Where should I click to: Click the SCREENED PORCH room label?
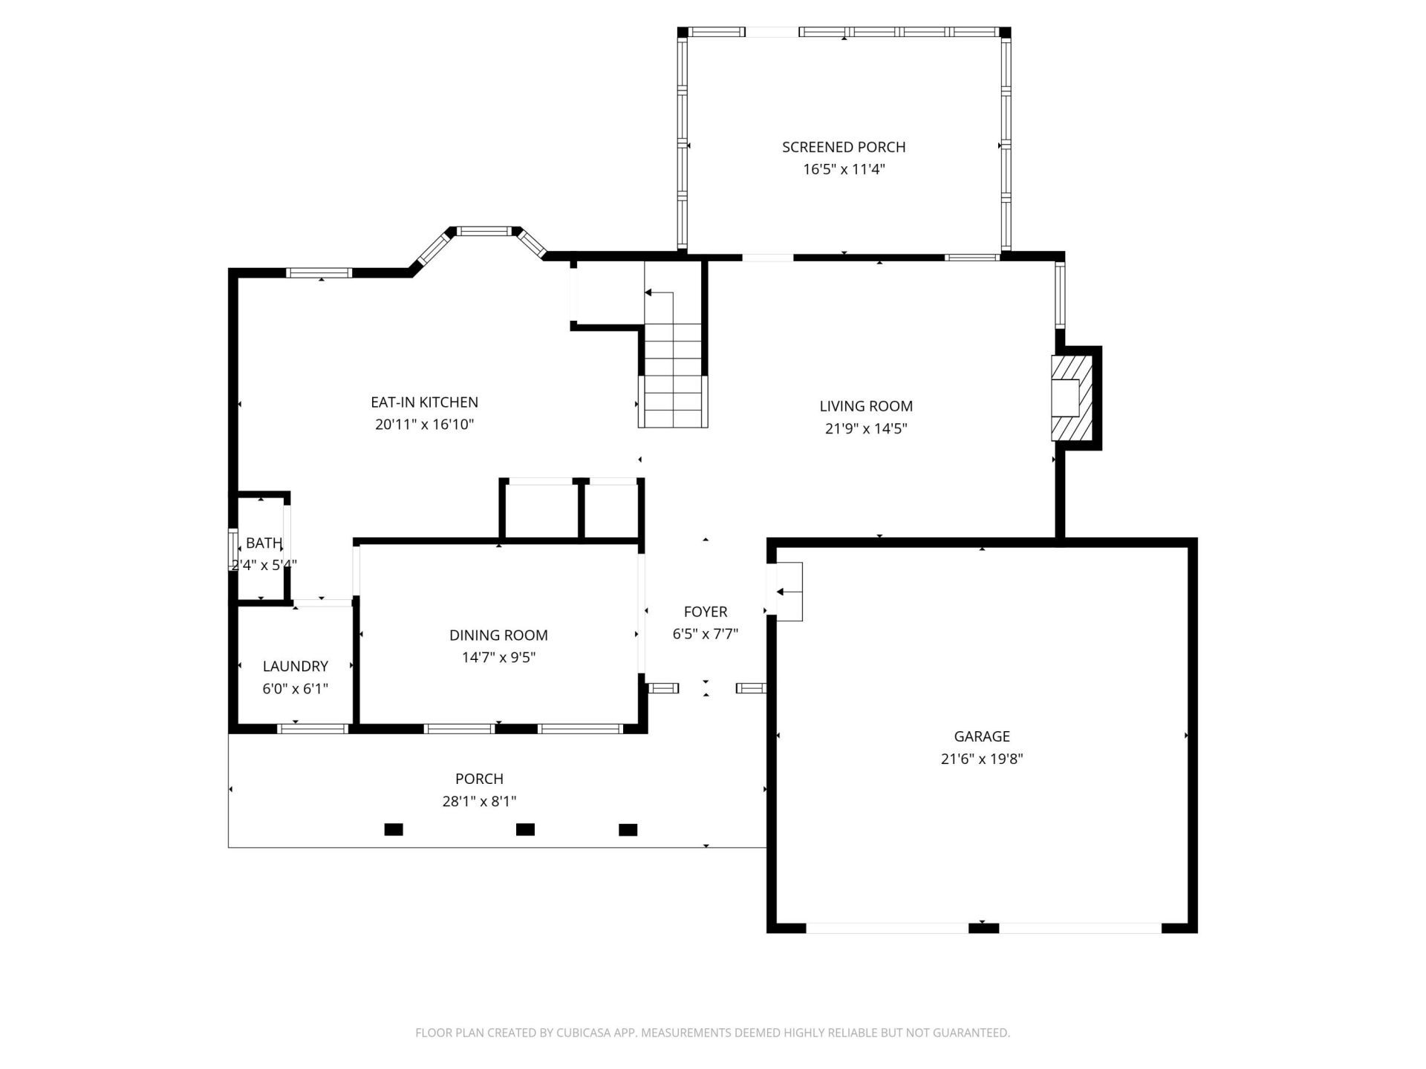pos(844,147)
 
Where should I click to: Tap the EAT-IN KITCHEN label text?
pos(424,402)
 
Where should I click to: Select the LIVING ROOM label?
pos(866,406)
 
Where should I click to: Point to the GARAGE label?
pos(982,736)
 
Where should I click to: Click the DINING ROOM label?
pos(498,635)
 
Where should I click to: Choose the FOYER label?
pos(706,612)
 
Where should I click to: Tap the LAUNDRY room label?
pos(295,667)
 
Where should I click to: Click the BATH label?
pos(264,543)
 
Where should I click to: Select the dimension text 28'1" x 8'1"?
pos(479,802)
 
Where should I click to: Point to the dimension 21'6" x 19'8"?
pos(982,759)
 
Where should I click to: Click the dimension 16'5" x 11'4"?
pos(844,169)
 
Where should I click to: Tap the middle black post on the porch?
pos(525,829)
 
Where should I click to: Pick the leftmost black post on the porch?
pos(394,829)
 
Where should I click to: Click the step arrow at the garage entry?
pos(789,592)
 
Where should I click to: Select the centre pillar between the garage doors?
pos(983,927)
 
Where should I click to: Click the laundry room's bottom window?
pos(313,729)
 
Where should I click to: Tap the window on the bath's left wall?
pos(232,549)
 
